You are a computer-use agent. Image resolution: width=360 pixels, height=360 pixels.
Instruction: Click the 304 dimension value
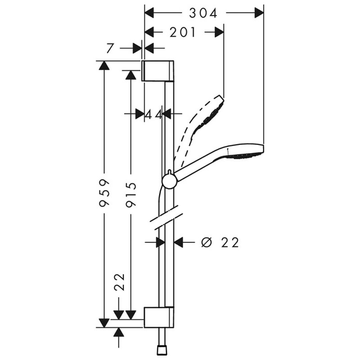pyautogui.click(x=203, y=13)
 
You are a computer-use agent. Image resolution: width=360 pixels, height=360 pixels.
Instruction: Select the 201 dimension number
pyautogui.click(x=183, y=32)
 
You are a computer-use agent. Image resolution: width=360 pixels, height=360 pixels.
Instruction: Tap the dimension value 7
pyautogui.click(x=110, y=48)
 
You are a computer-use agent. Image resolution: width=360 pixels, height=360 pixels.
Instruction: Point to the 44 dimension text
pyautogui.click(x=154, y=114)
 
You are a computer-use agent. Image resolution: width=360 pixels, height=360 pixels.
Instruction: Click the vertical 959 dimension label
pyautogui.click(x=104, y=193)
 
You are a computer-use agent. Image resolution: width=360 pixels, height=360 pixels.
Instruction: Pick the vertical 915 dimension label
pyautogui.click(x=131, y=194)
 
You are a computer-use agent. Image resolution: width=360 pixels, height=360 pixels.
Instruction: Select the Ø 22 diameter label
pyautogui.click(x=220, y=243)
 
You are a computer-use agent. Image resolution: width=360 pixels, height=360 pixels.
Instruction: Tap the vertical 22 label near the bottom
pyautogui.click(x=120, y=282)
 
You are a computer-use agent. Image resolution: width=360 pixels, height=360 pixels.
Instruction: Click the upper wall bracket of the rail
pyautogui.click(x=157, y=71)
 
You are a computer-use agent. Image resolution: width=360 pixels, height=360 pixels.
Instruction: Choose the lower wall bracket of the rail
pyautogui.click(x=159, y=317)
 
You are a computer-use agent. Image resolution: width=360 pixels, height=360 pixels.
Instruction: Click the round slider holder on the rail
pyautogui.click(x=170, y=181)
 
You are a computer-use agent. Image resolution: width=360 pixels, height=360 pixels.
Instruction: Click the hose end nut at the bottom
pyautogui.click(x=162, y=351)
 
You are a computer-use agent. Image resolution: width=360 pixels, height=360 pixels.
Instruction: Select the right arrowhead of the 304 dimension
pyautogui.click(x=259, y=13)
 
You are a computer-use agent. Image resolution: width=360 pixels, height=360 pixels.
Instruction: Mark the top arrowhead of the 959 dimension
pyautogui.click(x=104, y=65)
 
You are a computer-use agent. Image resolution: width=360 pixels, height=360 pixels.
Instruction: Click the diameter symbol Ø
pyautogui.click(x=206, y=243)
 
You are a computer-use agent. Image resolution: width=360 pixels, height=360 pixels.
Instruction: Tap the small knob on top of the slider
pyautogui.click(x=170, y=172)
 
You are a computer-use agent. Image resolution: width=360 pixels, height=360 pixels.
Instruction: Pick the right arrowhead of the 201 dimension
pyautogui.click(x=219, y=32)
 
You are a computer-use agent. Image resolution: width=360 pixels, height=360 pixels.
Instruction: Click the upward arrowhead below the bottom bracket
pyautogui.click(x=118, y=332)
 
